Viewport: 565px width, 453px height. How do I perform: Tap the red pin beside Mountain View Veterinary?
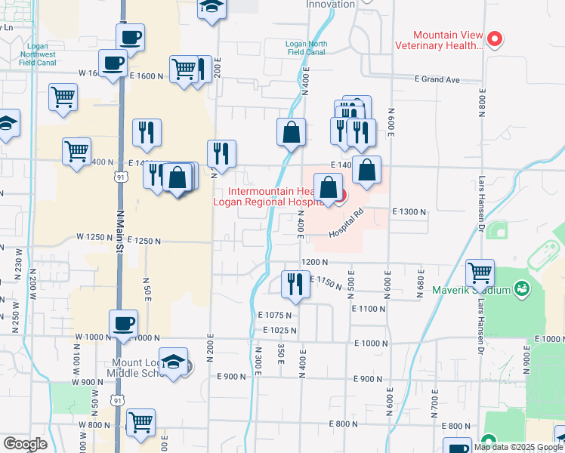coord(495,39)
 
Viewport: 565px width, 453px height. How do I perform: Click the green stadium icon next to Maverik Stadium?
coord(521,288)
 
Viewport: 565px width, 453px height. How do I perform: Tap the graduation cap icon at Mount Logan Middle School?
coord(174,362)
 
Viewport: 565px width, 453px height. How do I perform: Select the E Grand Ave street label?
coord(437,79)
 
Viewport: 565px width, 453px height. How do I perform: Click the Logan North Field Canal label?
coord(307,48)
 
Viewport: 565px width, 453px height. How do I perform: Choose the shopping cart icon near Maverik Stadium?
coord(480,273)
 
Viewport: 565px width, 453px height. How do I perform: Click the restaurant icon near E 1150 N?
coord(295,285)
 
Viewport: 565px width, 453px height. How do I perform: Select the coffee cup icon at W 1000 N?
coord(124,323)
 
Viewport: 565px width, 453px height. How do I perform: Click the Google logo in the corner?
coord(25,444)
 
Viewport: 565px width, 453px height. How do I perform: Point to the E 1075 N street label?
coord(274,315)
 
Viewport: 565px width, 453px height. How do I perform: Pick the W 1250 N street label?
coord(94,237)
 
